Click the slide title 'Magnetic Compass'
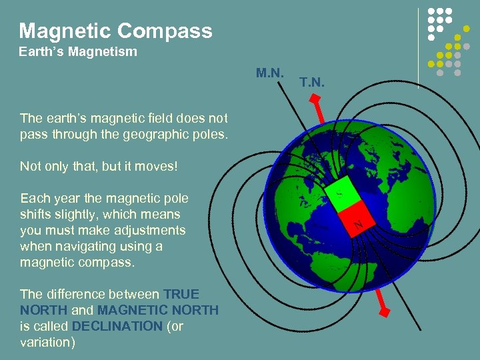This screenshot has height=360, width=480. [115, 31]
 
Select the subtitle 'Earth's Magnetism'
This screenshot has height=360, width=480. [78, 52]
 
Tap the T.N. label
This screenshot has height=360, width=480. [312, 83]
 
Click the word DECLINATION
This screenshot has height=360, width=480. [117, 326]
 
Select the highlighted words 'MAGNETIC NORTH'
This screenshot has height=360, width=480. [158, 310]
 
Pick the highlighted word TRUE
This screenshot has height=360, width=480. [181, 294]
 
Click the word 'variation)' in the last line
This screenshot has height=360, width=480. [47, 342]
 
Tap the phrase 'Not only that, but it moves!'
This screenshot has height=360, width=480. [99, 166]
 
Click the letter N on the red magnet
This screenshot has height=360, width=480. [359, 225]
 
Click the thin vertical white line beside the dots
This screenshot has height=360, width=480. [418, 47]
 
